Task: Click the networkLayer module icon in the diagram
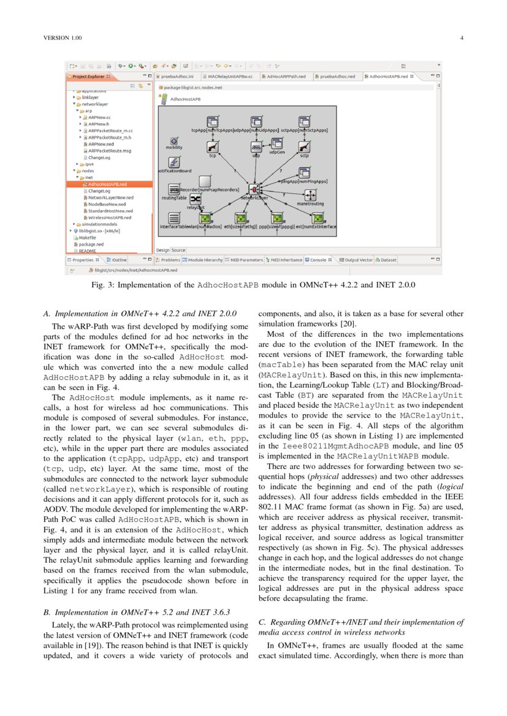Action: (x=254, y=189)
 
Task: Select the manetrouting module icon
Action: (x=310, y=195)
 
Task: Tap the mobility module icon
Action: (x=174, y=141)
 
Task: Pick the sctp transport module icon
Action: (x=304, y=147)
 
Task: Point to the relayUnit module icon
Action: (x=195, y=200)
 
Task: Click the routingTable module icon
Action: (x=174, y=190)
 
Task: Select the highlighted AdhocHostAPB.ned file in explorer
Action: (x=107, y=184)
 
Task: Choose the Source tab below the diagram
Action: (x=178, y=250)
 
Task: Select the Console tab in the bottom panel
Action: (x=318, y=260)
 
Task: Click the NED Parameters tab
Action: (x=245, y=260)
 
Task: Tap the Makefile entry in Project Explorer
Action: (x=88, y=238)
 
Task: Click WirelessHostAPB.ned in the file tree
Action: (x=110, y=217)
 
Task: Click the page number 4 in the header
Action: (x=462, y=39)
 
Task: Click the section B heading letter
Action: (x=47, y=612)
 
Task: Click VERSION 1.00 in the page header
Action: (x=63, y=39)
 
